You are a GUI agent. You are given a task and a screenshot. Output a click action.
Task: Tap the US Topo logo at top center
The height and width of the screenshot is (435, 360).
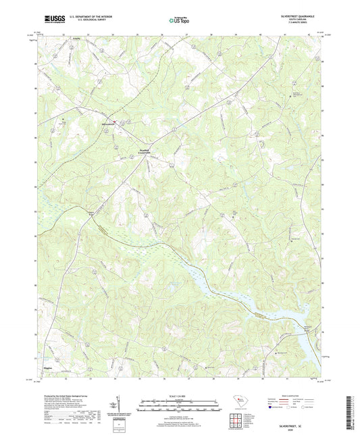click(x=178, y=21)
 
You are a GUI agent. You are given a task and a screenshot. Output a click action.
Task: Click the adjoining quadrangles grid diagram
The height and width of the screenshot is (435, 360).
click(x=240, y=418)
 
